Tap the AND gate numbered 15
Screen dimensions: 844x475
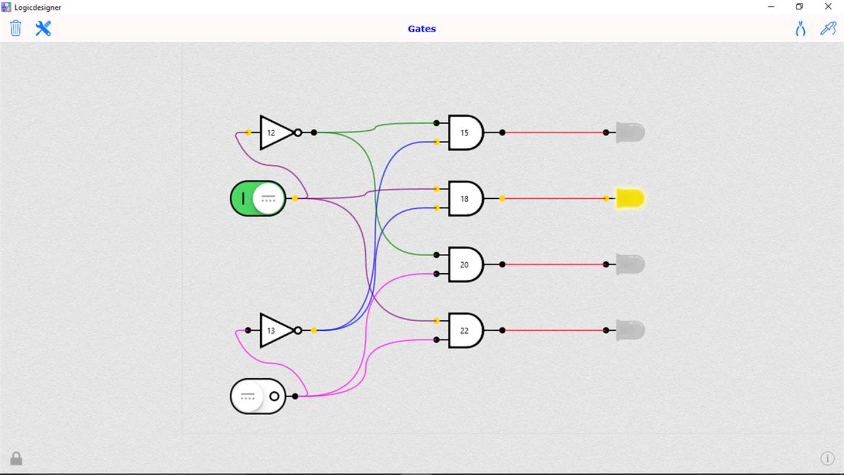(466, 133)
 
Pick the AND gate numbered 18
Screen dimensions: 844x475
(466, 199)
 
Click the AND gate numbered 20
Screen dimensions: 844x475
(466, 264)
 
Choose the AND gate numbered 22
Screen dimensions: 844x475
(466, 331)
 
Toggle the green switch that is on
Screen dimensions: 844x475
(258, 199)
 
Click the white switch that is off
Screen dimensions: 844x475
(258, 396)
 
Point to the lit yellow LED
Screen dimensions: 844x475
(631, 199)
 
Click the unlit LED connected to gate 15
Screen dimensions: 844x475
(631, 133)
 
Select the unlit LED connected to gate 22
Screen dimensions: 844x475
(631, 331)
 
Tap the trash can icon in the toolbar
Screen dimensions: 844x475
(16, 28)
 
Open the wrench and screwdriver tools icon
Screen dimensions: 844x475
(43, 28)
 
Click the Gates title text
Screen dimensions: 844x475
(421, 29)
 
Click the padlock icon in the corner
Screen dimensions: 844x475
(16, 459)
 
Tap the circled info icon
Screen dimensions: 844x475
(828, 459)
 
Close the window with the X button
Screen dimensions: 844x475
(828, 6)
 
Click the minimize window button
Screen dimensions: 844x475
(771, 6)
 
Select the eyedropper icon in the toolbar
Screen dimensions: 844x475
(829, 28)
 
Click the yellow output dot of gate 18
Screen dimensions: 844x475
(502, 199)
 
